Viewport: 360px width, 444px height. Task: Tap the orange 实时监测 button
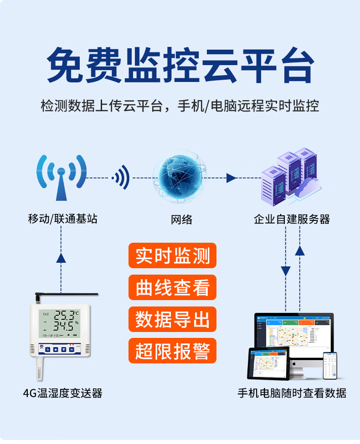[172, 256]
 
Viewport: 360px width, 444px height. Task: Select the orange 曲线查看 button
[172, 287]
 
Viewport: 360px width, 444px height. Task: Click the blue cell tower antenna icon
[61, 177]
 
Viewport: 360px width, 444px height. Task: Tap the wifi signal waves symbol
[122, 178]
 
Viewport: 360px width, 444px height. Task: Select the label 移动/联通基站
[62, 219]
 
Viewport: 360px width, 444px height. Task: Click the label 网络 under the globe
[181, 220]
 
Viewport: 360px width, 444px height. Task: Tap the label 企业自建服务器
[292, 219]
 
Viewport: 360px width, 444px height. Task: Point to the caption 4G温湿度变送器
[62, 393]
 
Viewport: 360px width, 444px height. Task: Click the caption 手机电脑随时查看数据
[292, 393]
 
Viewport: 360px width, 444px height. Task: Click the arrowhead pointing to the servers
[231, 178]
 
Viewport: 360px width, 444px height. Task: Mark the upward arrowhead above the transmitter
[61, 257]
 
